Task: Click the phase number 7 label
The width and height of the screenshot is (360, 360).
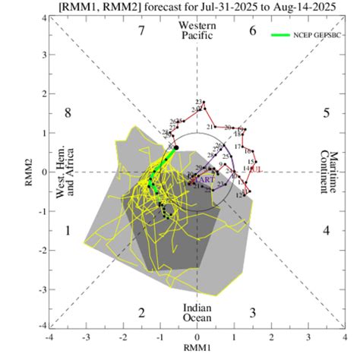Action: (141, 31)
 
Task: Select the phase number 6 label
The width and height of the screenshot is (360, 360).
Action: (253, 31)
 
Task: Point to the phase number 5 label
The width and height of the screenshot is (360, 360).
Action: (326, 113)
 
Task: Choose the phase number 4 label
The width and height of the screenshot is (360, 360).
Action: (326, 230)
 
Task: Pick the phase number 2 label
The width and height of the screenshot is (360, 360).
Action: (141, 312)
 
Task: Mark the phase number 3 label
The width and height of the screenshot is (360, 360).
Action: (253, 312)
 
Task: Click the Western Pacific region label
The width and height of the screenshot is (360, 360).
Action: (197, 31)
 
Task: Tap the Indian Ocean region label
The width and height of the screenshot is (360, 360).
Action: (197, 312)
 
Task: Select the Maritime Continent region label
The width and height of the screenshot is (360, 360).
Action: (329, 171)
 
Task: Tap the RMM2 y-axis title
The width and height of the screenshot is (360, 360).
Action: (29, 171)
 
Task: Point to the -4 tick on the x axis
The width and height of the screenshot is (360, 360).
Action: (50, 336)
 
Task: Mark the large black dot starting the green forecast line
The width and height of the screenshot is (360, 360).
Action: (176, 147)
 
